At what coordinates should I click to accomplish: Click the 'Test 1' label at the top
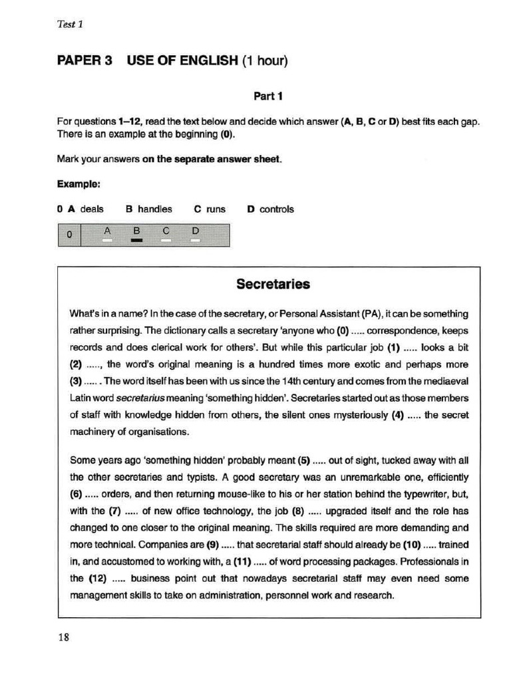(x=70, y=25)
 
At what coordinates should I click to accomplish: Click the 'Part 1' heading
(x=268, y=96)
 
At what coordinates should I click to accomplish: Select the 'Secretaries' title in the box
(x=273, y=285)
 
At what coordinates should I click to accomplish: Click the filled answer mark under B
(x=136, y=241)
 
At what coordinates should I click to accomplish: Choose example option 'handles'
(x=154, y=209)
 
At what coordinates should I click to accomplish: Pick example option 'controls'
(x=276, y=209)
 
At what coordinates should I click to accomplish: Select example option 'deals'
(x=92, y=209)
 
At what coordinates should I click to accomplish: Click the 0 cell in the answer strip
(x=69, y=235)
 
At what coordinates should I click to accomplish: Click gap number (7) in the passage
(x=116, y=511)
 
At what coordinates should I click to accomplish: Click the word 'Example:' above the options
(x=79, y=184)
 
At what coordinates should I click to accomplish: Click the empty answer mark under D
(x=196, y=241)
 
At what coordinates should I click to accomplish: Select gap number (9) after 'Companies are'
(x=213, y=545)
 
